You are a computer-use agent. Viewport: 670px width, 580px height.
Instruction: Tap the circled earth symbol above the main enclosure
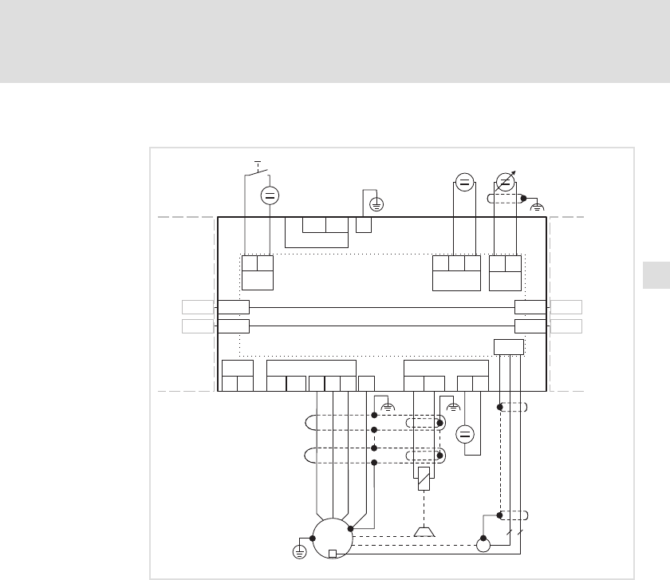point(376,204)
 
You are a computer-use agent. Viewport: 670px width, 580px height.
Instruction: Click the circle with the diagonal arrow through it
point(504,181)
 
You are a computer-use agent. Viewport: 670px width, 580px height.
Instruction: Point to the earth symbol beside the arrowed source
point(538,207)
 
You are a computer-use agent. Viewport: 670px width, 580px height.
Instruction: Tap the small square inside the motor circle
point(333,554)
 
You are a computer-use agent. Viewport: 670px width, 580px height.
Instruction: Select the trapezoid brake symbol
point(424,531)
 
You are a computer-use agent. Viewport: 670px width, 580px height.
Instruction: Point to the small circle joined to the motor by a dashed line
point(483,546)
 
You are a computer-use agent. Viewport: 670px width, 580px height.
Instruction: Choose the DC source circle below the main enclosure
point(466,435)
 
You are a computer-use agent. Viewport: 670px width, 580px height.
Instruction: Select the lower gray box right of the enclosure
point(566,326)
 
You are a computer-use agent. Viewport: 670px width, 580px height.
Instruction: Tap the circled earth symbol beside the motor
point(300,552)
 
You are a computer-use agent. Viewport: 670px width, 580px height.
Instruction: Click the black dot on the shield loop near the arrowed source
point(523,198)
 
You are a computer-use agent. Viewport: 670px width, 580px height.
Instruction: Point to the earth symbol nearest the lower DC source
point(454,406)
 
